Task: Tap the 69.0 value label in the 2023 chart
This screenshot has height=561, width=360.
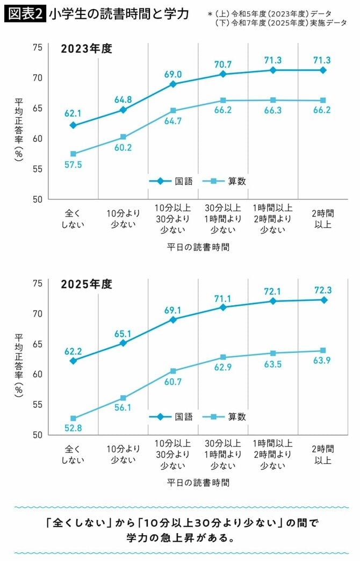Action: point(172,74)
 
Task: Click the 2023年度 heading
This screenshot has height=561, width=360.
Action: point(86,49)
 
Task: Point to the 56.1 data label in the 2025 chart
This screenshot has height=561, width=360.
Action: point(123,408)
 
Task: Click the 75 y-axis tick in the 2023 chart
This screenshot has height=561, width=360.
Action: point(37,47)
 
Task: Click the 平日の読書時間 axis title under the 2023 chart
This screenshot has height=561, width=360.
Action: point(198,247)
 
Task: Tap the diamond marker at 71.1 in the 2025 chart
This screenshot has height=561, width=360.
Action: point(223,307)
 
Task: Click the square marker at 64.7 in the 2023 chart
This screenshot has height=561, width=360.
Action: point(173,111)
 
